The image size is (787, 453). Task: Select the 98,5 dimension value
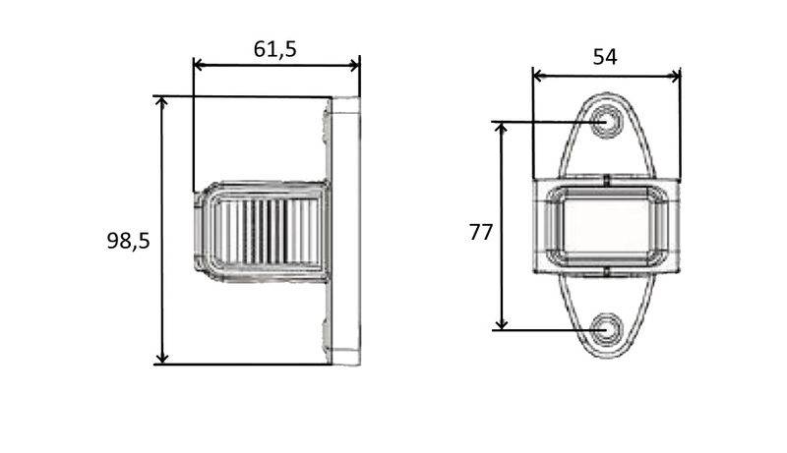[x=128, y=240]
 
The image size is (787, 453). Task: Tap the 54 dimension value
[x=605, y=57]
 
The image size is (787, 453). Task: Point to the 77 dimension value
[x=481, y=233]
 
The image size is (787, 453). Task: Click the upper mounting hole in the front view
[x=606, y=123]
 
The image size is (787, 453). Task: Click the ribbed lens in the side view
[x=266, y=232]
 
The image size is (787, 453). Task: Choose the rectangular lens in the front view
[x=606, y=226]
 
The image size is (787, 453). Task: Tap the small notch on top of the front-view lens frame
[x=607, y=181]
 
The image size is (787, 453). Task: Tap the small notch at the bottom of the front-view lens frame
[x=607, y=270]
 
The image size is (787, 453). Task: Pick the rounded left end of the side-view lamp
[x=202, y=232]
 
